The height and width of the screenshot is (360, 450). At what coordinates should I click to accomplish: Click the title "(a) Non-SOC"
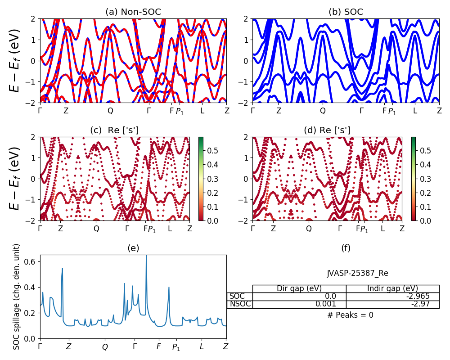click(133, 12)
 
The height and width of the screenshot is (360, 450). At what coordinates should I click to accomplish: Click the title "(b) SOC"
click(346, 12)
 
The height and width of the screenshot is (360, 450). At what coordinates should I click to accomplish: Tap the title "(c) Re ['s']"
click(114, 130)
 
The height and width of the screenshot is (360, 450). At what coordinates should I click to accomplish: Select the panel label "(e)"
click(133, 248)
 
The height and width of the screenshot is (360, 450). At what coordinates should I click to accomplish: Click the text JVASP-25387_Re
click(357, 273)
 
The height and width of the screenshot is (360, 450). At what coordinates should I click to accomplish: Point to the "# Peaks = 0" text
click(350, 315)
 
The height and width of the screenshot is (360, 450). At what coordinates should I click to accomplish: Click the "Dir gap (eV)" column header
click(299, 288)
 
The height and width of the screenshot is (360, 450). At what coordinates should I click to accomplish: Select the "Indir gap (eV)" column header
click(392, 288)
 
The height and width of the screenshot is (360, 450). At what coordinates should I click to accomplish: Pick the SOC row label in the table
click(237, 296)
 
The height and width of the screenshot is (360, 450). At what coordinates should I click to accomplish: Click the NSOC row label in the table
click(239, 304)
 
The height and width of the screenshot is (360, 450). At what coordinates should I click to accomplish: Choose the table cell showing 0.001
click(326, 304)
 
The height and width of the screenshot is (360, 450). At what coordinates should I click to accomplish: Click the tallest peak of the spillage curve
click(146, 256)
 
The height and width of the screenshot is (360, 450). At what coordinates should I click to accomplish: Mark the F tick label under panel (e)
click(158, 346)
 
